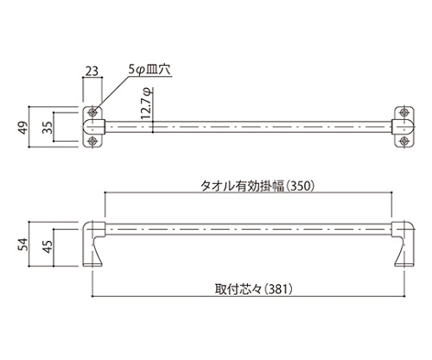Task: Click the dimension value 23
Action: [92, 71]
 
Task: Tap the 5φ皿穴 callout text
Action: [149, 70]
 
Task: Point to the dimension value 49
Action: [24, 127]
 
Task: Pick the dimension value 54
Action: [24, 244]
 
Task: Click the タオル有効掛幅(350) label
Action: [257, 186]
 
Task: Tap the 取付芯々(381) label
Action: [254, 289]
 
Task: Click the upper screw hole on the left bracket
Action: [92, 112]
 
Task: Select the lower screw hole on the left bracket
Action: [92, 141]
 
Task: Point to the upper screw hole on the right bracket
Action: [404, 112]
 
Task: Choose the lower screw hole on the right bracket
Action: [404, 141]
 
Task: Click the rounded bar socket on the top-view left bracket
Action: [94, 127]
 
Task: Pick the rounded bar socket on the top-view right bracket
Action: [403, 127]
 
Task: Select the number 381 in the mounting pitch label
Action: [278, 289]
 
